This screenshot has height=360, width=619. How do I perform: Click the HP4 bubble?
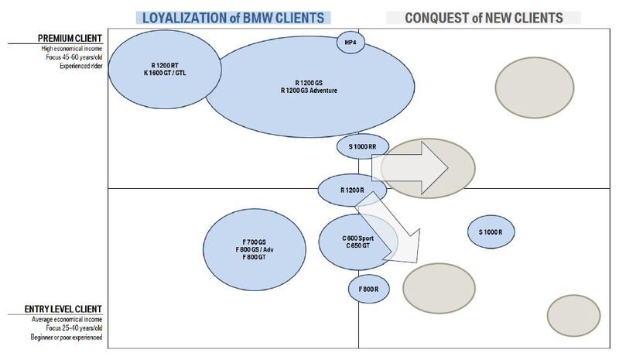(x=351, y=42)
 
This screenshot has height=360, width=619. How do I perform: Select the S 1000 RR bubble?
(x=362, y=147)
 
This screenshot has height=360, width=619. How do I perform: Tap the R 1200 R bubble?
(x=351, y=190)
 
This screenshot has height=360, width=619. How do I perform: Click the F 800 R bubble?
(x=368, y=289)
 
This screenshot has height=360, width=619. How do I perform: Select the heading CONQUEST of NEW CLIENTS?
(x=484, y=17)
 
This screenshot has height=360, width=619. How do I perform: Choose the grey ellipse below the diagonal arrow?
(x=438, y=286)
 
